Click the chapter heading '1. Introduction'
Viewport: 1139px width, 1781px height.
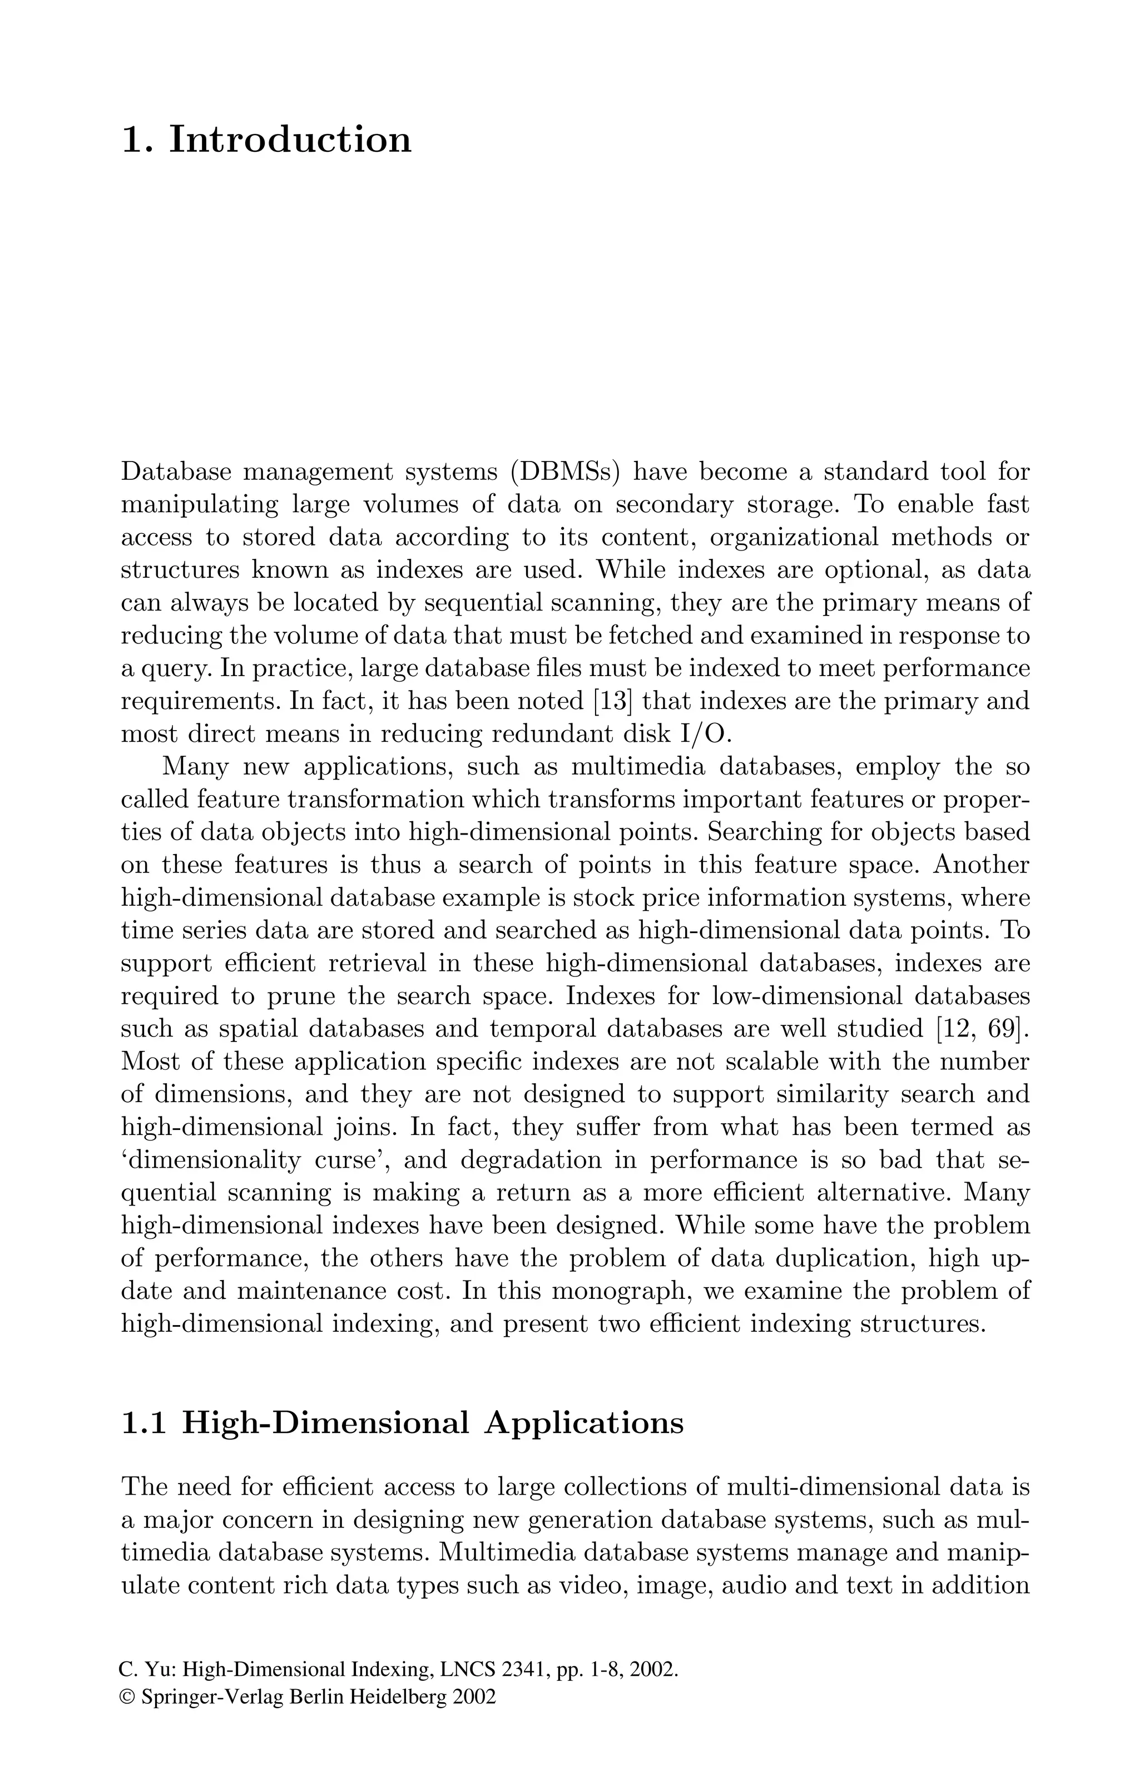266,140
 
